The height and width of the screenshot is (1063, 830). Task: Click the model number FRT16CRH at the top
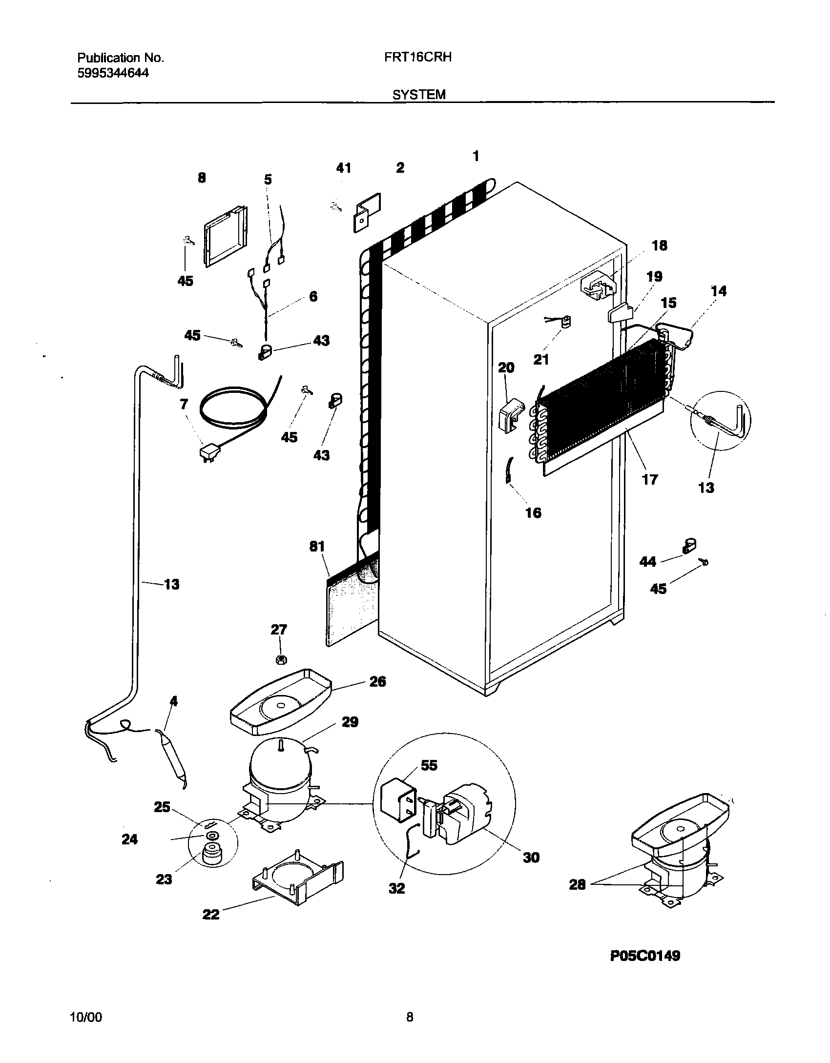click(x=417, y=57)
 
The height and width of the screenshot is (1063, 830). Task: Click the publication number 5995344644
click(x=113, y=73)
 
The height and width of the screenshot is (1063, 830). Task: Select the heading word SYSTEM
click(x=419, y=95)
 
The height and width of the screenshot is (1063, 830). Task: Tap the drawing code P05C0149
click(x=644, y=956)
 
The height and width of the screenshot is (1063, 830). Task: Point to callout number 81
click(x=317, y=546)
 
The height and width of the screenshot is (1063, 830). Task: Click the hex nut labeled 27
click(x=281, y=660)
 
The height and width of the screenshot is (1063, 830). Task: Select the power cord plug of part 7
click(x=208, y=453)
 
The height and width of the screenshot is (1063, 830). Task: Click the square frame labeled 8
click(x=225, y=236)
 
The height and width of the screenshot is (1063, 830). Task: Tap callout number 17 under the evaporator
click(x=650, y=479)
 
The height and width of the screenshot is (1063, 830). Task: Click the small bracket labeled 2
click(x=367, y=212)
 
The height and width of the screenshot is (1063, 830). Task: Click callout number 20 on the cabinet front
click(x=506, y=367)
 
